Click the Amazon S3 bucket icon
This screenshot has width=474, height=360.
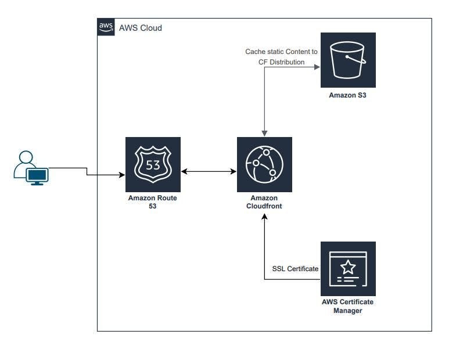coord(348,60)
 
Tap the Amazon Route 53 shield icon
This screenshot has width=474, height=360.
coord(153,164)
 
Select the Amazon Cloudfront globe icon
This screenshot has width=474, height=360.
coord(264,164)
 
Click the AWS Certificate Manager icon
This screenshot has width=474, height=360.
coord(348,269)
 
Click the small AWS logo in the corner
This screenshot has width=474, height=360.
coord(105,27)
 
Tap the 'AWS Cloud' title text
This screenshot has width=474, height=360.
coord(140,28)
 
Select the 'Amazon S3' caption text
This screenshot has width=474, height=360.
coord(348,95)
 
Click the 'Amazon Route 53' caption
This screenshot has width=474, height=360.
coord(153,201)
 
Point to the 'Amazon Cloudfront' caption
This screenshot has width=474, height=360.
coord(264,201)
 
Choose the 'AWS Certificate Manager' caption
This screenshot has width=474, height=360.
coord(348,306)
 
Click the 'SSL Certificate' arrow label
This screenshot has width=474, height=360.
coord(295,269)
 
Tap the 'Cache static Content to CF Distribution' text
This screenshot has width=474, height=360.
coord(281,57)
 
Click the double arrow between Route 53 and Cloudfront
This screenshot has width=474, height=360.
coord(209,172)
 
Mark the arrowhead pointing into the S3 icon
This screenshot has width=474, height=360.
coord(317,67)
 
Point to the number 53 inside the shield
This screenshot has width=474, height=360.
coord(153,165)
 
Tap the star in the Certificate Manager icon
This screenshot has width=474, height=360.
coord(348,267)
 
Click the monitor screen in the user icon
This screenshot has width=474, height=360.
coord(39,175)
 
